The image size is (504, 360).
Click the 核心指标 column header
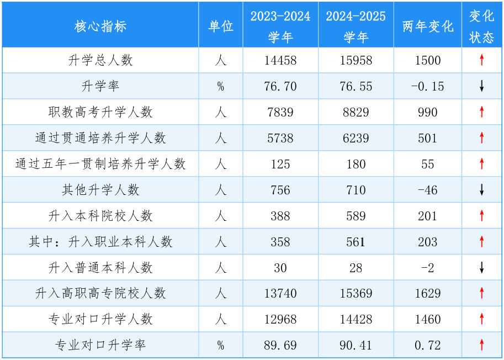(100, 26)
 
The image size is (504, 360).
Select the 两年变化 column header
(427, 26)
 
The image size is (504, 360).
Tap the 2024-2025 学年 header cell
(356, 26)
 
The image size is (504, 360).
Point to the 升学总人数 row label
(100, 61)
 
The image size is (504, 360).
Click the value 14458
(280, 61)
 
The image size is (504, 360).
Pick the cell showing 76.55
(356, 87)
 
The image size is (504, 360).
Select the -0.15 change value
(427, 87)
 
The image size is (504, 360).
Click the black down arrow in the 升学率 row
(481, 87)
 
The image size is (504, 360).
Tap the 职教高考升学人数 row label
(100, 113)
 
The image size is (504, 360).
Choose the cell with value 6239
(356, 138)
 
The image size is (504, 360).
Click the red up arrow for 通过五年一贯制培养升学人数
(481, 164)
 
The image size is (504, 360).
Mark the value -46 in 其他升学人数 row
(427, 190)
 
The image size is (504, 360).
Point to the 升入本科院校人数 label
(100, 216)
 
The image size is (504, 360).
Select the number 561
(356, 242)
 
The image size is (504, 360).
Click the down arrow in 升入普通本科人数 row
(481, 268)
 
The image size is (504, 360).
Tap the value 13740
(280, 293)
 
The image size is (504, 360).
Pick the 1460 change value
(427, 319)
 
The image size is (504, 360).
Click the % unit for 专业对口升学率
(220, 346)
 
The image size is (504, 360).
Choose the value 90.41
(356, 346)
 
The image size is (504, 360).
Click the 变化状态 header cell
(481, 26)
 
